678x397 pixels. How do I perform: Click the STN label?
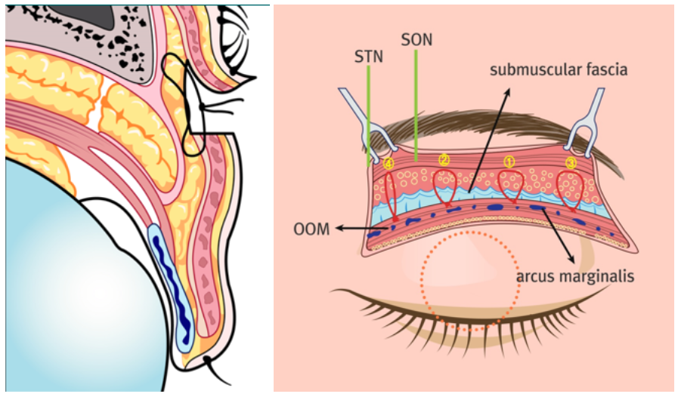pyautogui.click(x=368, y=57)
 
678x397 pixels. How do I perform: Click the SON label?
pyautogui.click(x=416, y=40)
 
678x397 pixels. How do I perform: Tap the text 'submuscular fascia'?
pyautogui.click(x=559, y=69)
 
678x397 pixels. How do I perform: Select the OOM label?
pyautogui.click(x=311, y=229)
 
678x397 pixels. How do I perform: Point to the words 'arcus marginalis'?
pyautogui.click(x=575, y=276)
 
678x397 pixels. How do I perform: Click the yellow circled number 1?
pyautogui.click(x=509, y=162)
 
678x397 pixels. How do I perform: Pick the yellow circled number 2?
pyautogui.click(x=444, y=160)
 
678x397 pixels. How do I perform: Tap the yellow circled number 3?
pyautogui.click(x=571, y=163)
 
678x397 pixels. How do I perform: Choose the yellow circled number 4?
pyautogui.click(x=389, y=163)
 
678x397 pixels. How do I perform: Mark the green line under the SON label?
pyautogui.click(x=416, y=106)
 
